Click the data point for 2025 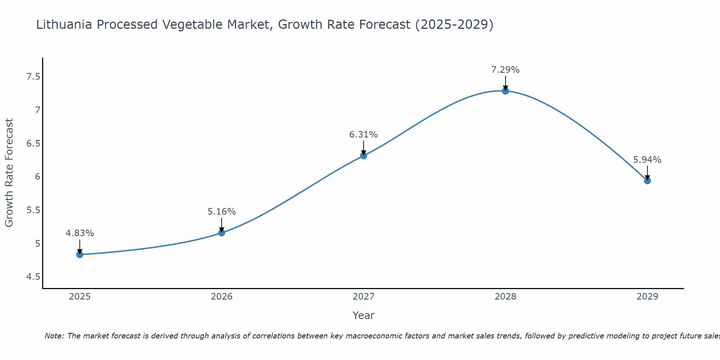(80, 255)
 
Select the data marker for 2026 (221, 233)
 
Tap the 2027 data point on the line (364, 156)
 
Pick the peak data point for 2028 (505, 91)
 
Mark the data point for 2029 (647, 180)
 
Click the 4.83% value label (80, 233)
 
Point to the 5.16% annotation (221, 212)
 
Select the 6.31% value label (364, 135)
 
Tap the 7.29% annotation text (505, 70)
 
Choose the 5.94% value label (647, 160)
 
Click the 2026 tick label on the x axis (221, 297)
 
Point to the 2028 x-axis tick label (505, 297)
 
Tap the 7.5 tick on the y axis (33, 77)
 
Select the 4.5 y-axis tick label (33, 277)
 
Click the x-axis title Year (364, 315)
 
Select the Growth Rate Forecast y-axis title (9, 173)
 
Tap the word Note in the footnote (54, 336)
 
